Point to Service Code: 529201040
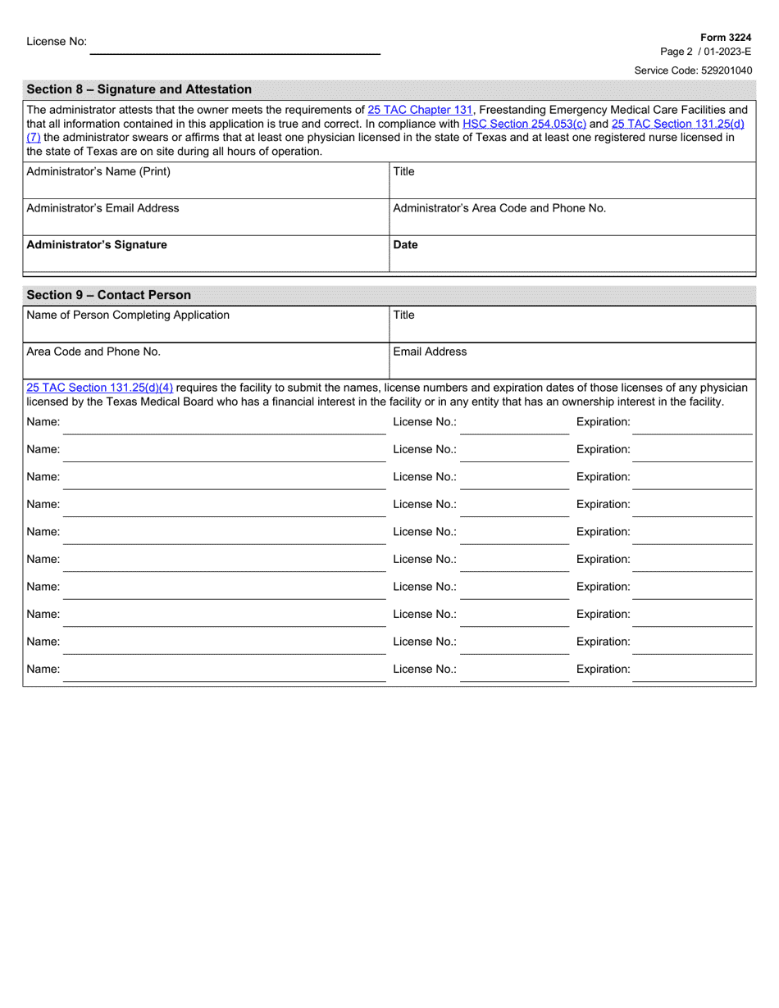693,70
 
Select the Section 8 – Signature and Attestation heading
139,89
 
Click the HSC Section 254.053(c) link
525,124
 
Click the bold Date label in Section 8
406,244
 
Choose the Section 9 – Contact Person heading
109,295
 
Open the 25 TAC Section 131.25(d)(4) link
100,387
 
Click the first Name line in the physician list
221,424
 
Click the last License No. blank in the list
513,670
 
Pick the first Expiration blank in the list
692,424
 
